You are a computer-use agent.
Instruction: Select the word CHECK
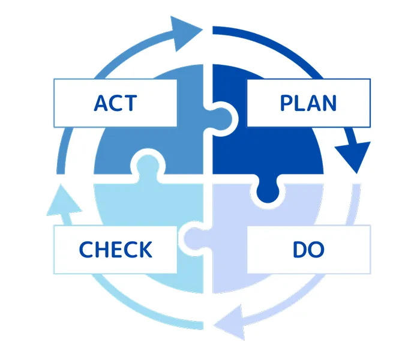tap(115, 249)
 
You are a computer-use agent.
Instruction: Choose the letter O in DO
tap(316, 249)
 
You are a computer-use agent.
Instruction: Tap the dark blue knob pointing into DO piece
tap(267, 191)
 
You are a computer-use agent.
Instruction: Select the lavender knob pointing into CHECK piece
tap(193, 238)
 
